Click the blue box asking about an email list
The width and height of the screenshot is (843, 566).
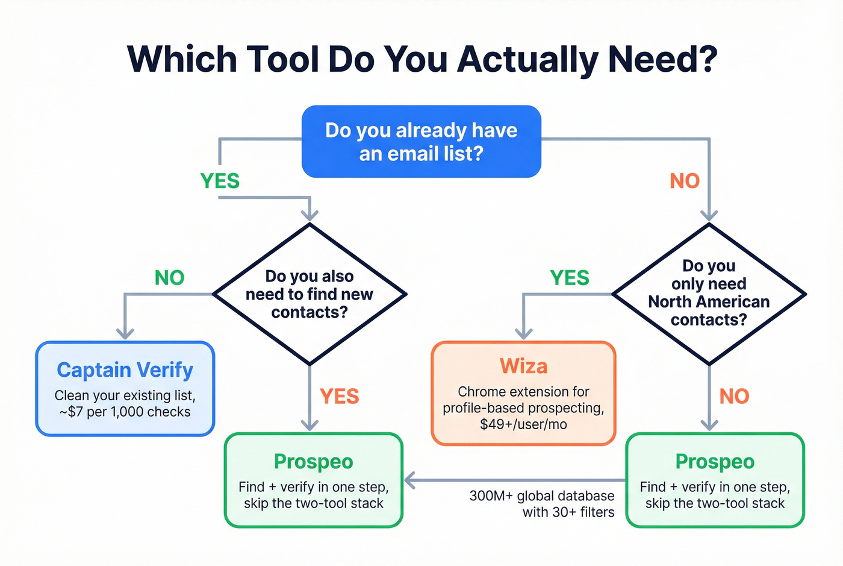click(x=421, y=142)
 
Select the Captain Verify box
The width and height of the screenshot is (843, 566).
click(x=125, y=389)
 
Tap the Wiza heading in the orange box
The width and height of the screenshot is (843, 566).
click(x=523, y=366)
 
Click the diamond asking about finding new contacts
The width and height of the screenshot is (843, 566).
click(x=310, y=294)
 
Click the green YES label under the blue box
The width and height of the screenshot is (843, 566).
click(x=220, y=181)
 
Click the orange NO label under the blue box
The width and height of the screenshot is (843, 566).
click(x=685, y=181)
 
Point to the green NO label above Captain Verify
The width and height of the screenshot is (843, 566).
click(x=169, y=278)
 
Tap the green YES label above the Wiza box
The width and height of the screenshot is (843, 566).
click(x=570, y=278)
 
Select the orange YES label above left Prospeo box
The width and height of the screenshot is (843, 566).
click(x=339, y=396)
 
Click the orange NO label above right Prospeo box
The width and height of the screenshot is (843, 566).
click(x=734, y=396)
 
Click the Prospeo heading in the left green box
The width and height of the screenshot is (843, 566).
click(x=313, y=461)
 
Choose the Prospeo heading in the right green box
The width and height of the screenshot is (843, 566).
click(x=715, y=461)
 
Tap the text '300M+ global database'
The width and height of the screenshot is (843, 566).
click(x=542, y=496)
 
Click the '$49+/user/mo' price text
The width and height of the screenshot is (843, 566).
click(x=523, y=424)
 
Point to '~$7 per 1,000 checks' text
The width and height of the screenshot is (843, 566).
click(x=125, y=412)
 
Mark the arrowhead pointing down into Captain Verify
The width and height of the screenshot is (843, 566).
click(x=125, y=333)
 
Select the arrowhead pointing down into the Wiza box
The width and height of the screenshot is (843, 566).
click(x=524, y=333)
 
